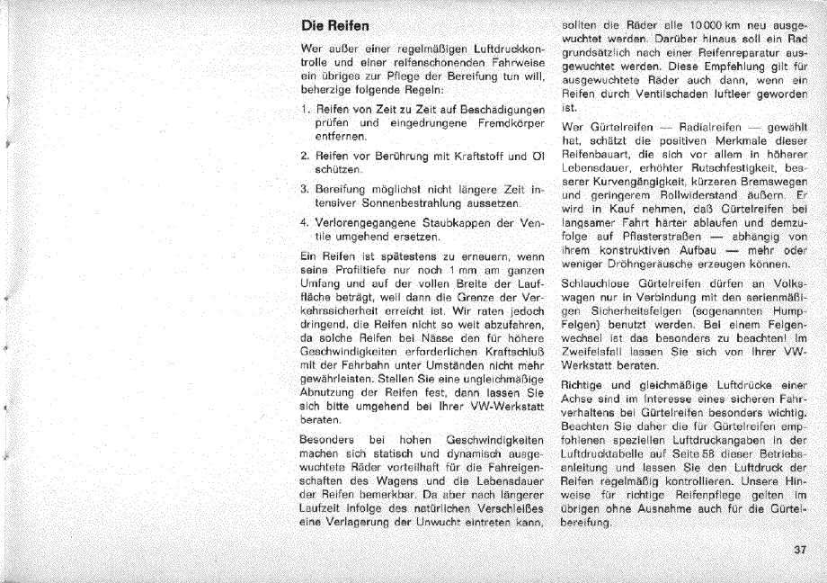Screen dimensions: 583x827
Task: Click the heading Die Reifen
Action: coord(335,26)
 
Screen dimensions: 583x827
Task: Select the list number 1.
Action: coord(307,108)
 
